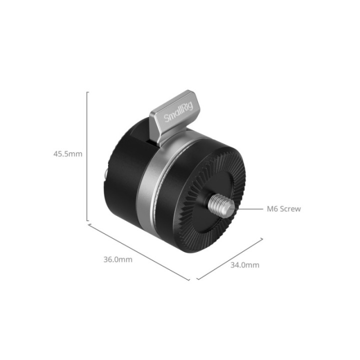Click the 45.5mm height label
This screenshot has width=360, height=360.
67,154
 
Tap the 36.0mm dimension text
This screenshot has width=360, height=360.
118,259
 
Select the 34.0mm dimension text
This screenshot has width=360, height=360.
244,265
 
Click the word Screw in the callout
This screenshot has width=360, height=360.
290,208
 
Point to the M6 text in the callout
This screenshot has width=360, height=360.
272,208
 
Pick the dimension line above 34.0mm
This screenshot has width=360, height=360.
229,258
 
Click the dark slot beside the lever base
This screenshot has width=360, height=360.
151,133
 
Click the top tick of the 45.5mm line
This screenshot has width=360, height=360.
88,92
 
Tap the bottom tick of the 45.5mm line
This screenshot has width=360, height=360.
88,220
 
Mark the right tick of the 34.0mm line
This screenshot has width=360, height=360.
261,239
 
